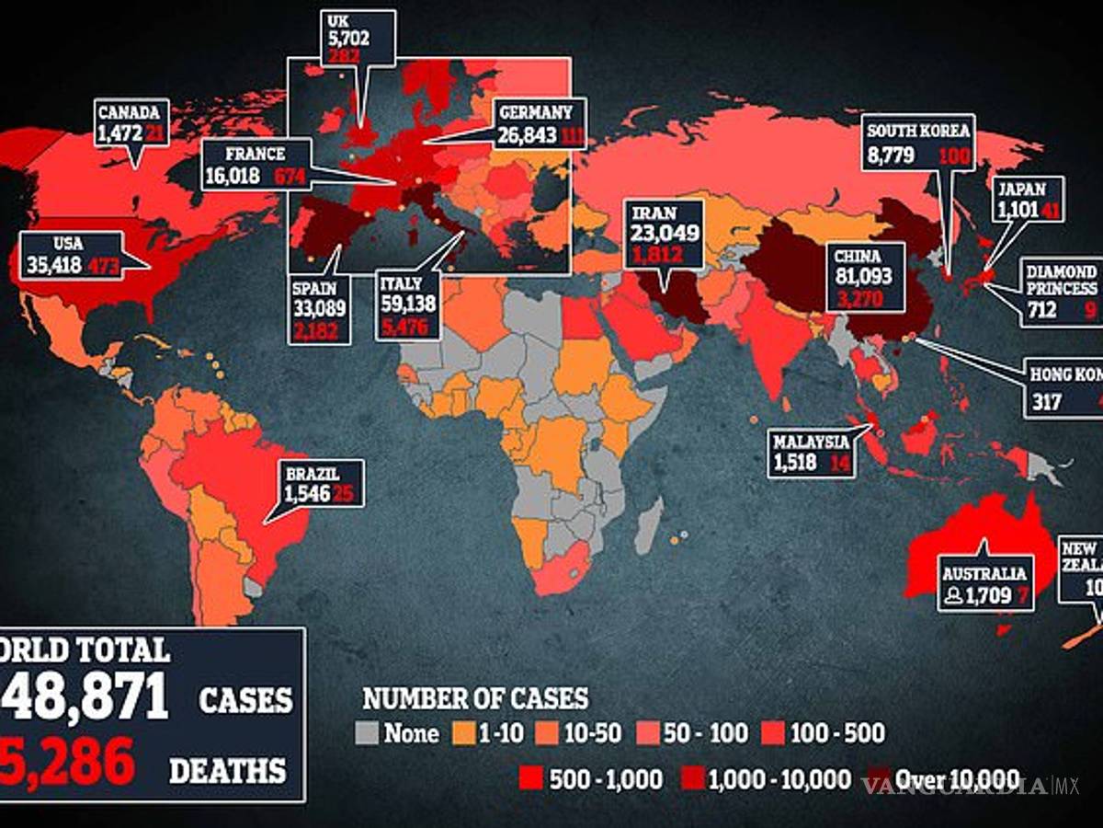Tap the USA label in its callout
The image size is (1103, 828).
(x=42, y=244)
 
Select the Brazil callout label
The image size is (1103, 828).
(x=312, y=474)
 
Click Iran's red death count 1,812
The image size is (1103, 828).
(x=664, y=253)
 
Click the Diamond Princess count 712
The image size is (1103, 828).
(x=1040, y=310)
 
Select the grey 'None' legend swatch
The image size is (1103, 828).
(x=367, y=734)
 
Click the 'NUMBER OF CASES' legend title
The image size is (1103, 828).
(x=475, y=698)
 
